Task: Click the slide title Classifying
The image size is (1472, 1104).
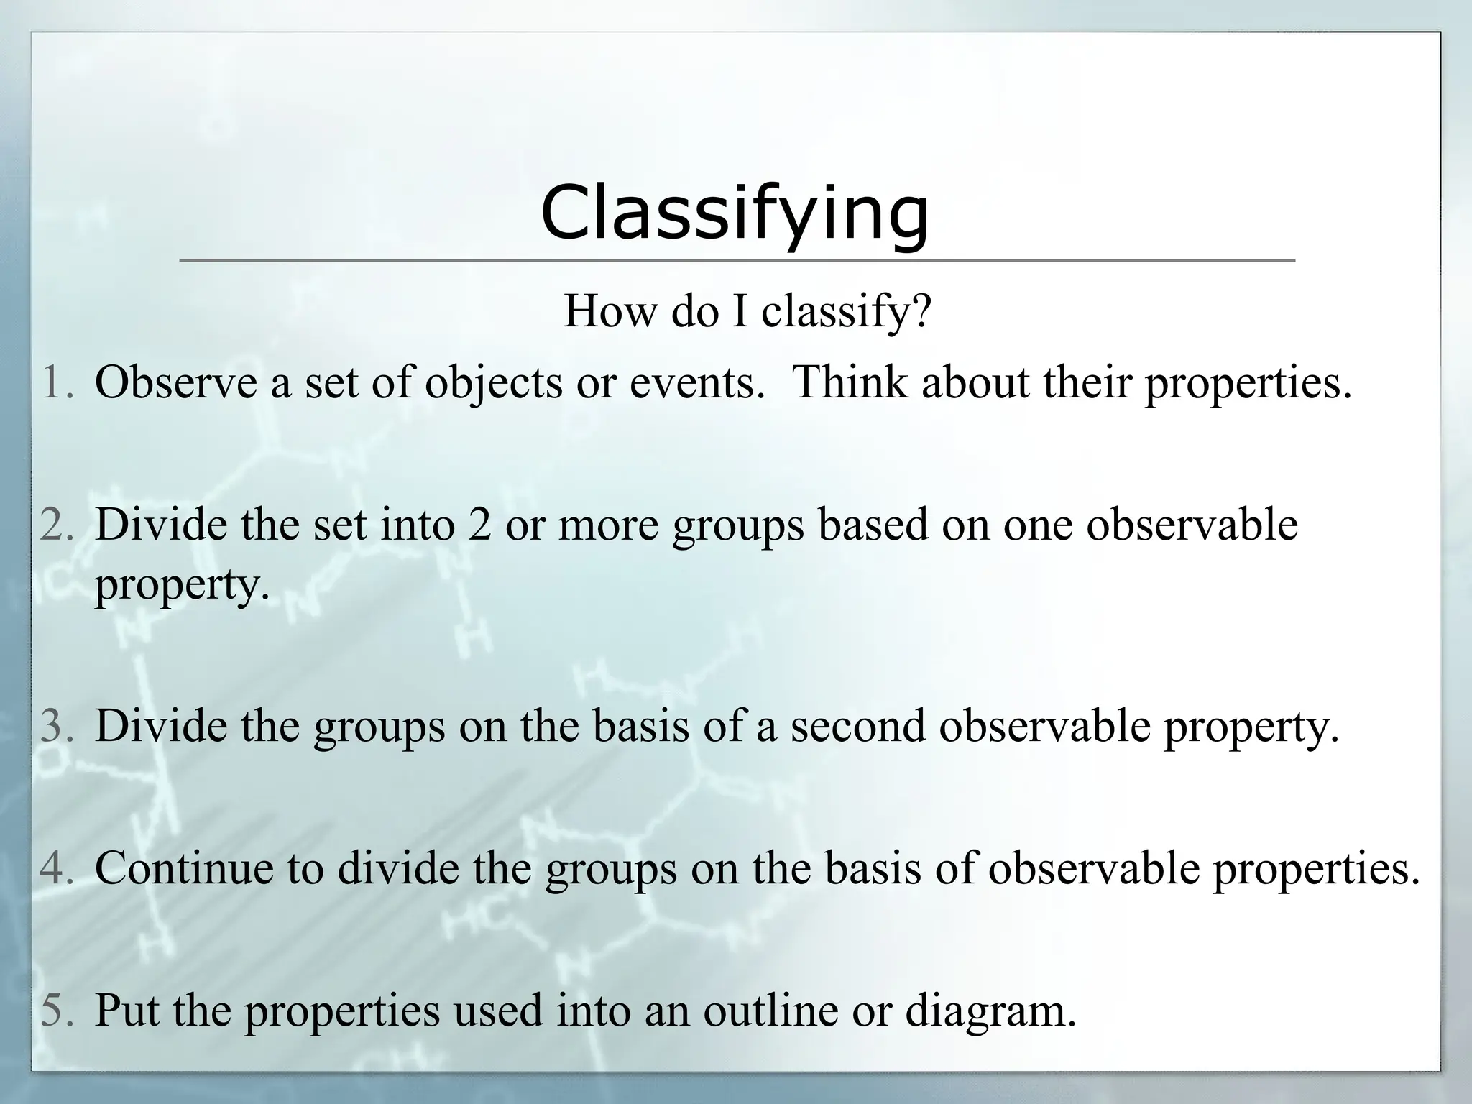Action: (735, 213)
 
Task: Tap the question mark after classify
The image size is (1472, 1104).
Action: (921, 311)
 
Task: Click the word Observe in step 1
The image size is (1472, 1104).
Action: (176, 382)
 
